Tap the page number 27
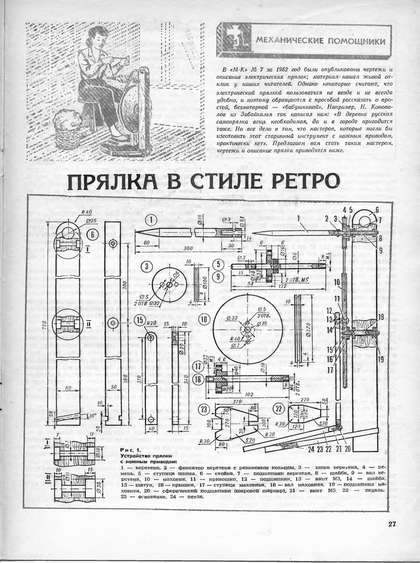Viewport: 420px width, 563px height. click(x=391, y=524)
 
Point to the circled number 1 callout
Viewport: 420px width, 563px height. click(x=151, y=219)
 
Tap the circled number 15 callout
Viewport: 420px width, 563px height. click(x=140, y=320)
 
